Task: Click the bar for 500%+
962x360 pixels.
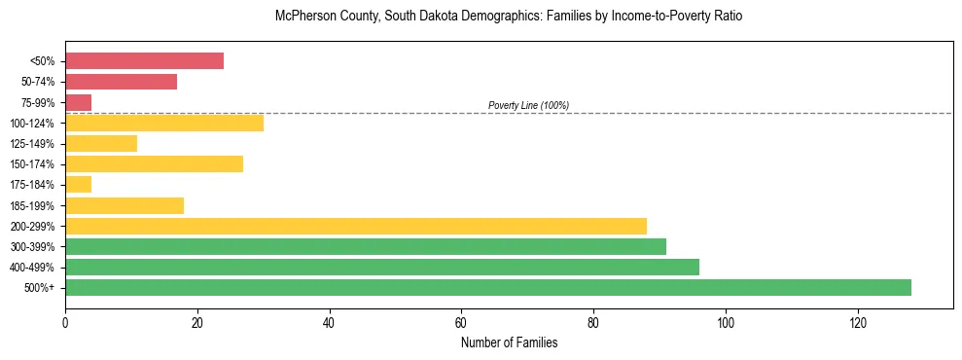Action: coord(488,287)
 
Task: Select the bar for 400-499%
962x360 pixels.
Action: coord(382,267)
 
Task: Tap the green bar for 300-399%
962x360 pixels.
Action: coord(366,246)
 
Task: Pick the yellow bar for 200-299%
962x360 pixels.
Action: coord(356,226)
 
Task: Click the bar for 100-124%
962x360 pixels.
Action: coord(164,123)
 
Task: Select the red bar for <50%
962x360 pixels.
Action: coord(144,61)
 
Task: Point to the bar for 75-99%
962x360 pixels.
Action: coord(79,102)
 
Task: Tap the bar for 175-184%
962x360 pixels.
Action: coord(79,184)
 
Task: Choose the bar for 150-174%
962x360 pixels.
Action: coord(154,163)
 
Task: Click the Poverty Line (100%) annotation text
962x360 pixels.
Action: coord(528,105)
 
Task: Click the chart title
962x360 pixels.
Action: coord(481,17)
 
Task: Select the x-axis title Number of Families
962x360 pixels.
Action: coord(510,343)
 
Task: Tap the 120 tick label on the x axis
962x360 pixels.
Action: coord(857,322)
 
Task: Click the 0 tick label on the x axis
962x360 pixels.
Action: coord(65,322)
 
